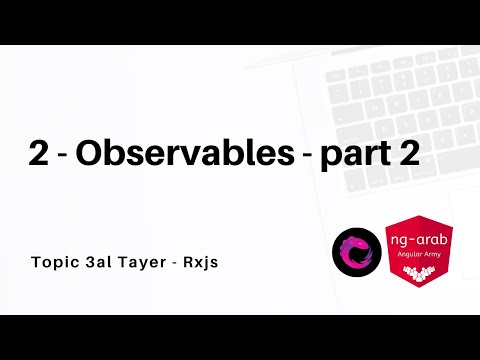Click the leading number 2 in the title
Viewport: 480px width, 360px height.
38,156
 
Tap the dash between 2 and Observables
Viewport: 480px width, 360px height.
62,158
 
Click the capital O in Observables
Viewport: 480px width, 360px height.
92,156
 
